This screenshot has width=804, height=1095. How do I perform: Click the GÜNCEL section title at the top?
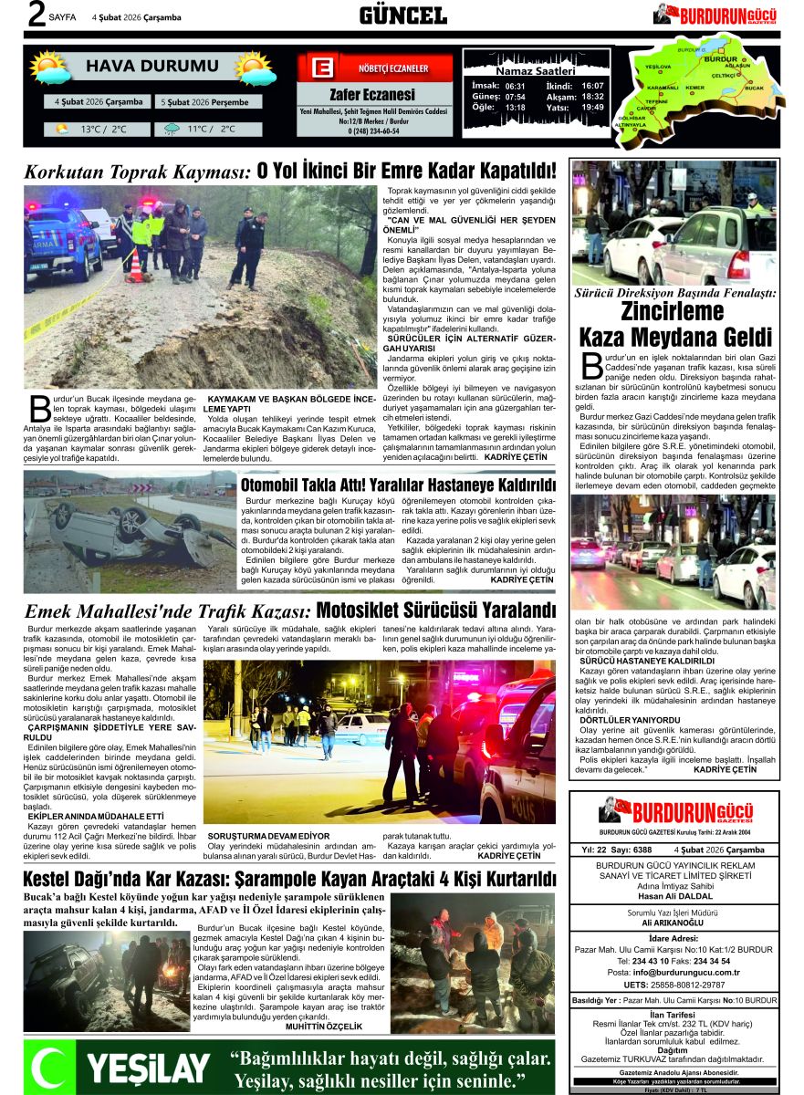402,16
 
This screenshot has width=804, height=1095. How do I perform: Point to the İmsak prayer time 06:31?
515,85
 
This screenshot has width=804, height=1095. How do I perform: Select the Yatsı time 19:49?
591,107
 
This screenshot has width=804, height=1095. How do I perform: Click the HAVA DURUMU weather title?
152,66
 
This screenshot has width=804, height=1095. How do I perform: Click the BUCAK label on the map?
753,88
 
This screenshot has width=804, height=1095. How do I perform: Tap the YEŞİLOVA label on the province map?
657,68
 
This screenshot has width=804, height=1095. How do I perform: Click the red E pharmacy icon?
320,68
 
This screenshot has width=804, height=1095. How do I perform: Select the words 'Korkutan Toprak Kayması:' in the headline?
137,171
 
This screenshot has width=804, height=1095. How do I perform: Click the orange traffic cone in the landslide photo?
135,266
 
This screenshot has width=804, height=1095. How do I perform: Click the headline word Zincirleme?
673,312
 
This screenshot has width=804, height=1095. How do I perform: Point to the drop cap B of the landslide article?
39,410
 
